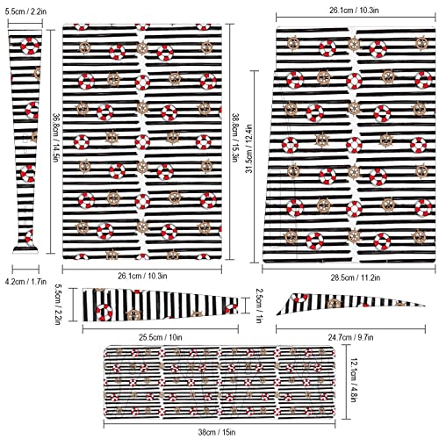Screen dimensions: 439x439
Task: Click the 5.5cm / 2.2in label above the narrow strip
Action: [25, 11]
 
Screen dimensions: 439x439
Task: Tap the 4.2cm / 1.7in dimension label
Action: [25, 282]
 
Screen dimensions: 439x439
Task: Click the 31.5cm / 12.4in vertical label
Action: [248, 148]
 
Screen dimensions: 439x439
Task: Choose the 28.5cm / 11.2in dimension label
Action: [356, 277]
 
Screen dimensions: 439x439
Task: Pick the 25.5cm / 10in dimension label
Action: [161, 337]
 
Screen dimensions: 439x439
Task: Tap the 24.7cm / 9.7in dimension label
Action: [350, 337]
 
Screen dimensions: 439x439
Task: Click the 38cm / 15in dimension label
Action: [217, 432]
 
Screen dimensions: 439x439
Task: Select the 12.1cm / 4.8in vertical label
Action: [353, 380]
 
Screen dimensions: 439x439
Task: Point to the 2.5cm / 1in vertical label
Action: [258, 306]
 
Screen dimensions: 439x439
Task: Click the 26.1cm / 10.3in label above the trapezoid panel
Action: [354, 11]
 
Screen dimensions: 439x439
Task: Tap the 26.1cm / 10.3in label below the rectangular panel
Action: [142, 276]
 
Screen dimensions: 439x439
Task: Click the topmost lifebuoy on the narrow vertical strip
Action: [30, 46]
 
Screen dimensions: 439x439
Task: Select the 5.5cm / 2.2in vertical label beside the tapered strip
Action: [57, 304]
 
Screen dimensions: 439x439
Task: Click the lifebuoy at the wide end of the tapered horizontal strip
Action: [104, 313]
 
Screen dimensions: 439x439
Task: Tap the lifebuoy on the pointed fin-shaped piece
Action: [299, 298]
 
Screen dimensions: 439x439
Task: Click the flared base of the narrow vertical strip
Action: [25, 249]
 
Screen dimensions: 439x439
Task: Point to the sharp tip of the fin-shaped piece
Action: [424, 306]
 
